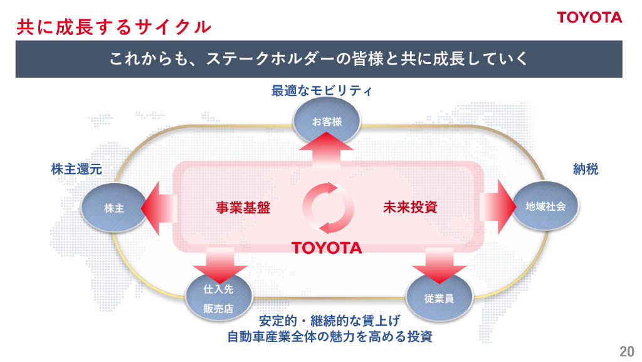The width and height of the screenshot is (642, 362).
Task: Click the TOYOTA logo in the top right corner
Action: (x=590, y=18)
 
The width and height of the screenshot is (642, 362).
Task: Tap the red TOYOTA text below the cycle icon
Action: (x=327, y=247)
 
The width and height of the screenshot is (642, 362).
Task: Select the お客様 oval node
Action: (x=326, y=122)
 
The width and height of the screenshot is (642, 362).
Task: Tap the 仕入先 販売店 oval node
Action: (x=219, y=299)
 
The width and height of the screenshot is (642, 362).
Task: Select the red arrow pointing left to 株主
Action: (x=159, y=206)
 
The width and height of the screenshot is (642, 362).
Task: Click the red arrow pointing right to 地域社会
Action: (x=497, y=206)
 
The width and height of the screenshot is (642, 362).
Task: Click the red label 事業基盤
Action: (x=243, y=208)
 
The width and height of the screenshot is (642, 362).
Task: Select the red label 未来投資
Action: (x=410, y=207)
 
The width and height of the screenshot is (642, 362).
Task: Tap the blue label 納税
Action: (x=586, y=169)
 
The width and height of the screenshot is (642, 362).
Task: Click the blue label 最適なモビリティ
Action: (x=322, y=92)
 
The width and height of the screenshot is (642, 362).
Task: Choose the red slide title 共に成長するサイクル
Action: (x=113, y=26)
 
